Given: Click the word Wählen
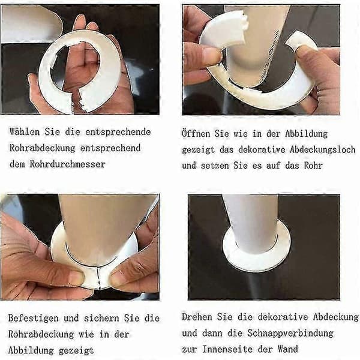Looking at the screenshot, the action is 25,132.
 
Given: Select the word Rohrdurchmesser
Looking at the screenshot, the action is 67,164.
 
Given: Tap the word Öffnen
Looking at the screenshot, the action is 196,133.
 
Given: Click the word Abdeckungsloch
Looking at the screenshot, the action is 323,149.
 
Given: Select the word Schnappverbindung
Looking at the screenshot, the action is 290,334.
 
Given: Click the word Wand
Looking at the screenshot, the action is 288,349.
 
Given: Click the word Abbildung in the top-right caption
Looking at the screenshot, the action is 306,134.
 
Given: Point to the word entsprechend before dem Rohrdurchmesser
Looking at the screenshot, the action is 110,148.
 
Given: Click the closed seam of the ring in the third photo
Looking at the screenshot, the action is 98,278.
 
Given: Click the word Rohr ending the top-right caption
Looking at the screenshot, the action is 313,166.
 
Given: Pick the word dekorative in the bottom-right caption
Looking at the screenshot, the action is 283,317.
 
